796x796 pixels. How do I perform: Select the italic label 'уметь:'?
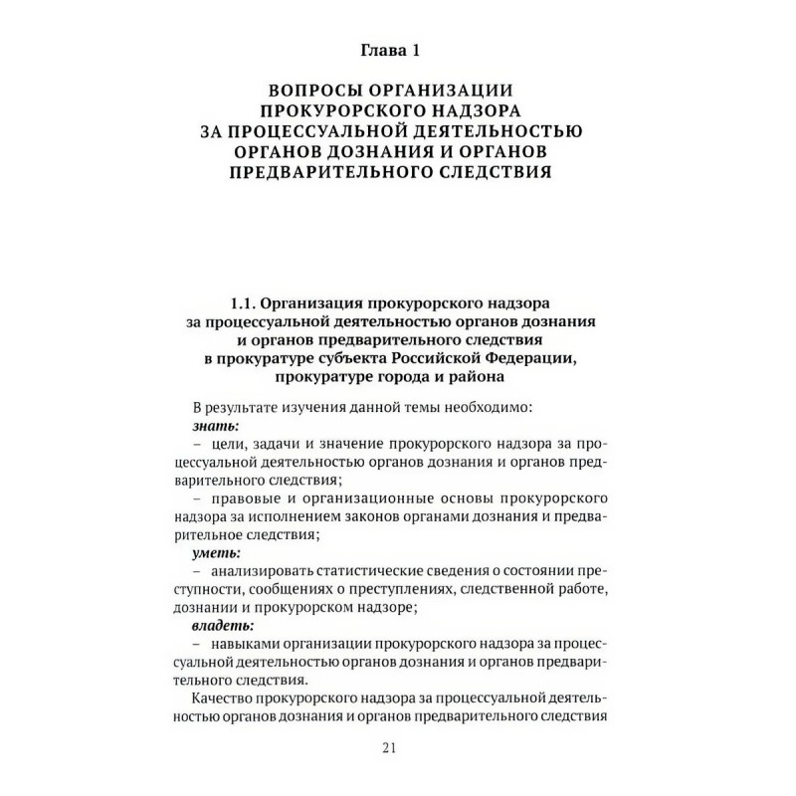217,552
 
